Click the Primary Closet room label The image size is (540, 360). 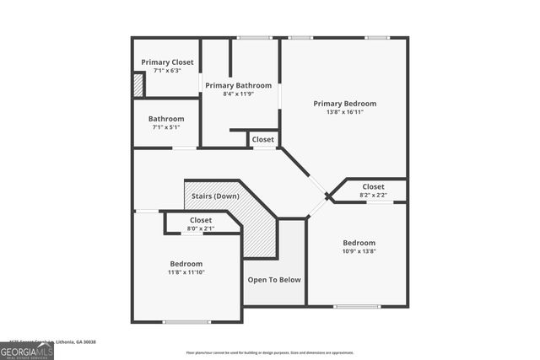pyautogui.click(x=167, y=62)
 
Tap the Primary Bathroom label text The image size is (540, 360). pyautogui.click(x=239, y=85)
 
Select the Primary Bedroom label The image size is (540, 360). pyautogui.click(x=344, y=104)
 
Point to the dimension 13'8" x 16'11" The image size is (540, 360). pyautogui.click(x=344, y=112)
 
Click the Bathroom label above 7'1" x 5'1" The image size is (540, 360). pyautogui.click(x=166, y=119)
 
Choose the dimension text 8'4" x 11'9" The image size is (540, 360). pyautogui.click(x=239, y=94)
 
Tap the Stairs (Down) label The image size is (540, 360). pyautogui.click(x=215, y=196)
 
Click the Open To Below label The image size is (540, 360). pyautogui.click(x=274, y=280)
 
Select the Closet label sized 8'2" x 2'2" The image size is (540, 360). pyautogui.click(x=373, y=186)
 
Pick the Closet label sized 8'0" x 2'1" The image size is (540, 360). pyautogui.click(x=201, y=220)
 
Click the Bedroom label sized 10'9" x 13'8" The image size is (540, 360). pyautogui.click(x=359, y=242)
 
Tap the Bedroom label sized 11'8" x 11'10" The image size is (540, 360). pyautogui.click(x=186, y=264)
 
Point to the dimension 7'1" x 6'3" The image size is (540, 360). pyautogui.click(x=167, y=71)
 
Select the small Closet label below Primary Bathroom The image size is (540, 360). pyautogui.click(x=262, y=139)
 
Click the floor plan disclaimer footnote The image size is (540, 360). pyautogui.click(x=270, y=352)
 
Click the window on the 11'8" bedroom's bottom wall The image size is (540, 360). pyautogui.click(x=186, y=321)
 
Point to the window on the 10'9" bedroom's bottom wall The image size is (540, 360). pyautogui.click(x=357, y=306)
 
